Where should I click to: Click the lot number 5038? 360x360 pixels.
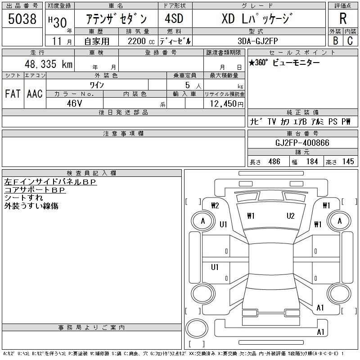click(x=22, y=19)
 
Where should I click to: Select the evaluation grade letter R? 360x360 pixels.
click(x=343, y=18)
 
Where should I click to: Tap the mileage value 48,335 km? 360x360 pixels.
click(x=49, y=64)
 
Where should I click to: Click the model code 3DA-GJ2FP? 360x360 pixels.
click(x=258, y=41)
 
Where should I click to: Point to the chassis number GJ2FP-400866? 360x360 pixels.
click(x=302, y=143)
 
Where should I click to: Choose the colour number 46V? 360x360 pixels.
click(x=74, y=103)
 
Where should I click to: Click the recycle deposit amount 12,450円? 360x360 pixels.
click(x=227, y=104)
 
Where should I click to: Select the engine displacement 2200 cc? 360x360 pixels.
click(x=141, y=41)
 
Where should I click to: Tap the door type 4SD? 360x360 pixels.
click(x=174, y=18)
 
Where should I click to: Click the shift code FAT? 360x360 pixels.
click(x=13, y=94)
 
